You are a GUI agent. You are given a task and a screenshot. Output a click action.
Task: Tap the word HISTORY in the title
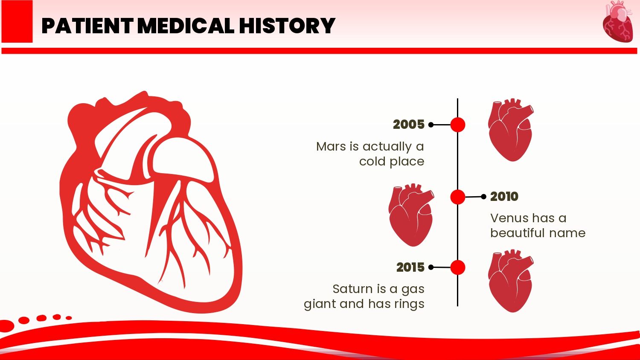pos(287,26)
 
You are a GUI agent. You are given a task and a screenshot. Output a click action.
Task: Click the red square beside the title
pos(17,21)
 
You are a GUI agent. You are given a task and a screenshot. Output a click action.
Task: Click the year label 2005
pos(409,125)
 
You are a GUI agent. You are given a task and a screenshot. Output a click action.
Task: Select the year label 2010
pos(504,197)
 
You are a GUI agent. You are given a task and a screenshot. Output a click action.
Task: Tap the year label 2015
pos(410,267)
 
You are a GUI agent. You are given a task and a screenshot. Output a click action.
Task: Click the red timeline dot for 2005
pos(458,125)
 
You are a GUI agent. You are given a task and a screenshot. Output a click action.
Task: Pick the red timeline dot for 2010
pos(458,197)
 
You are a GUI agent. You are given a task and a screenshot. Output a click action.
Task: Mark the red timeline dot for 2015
pos(458,267)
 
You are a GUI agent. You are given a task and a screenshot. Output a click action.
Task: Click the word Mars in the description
pos(331,147)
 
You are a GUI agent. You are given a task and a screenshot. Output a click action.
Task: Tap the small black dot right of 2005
pos(431,125)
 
